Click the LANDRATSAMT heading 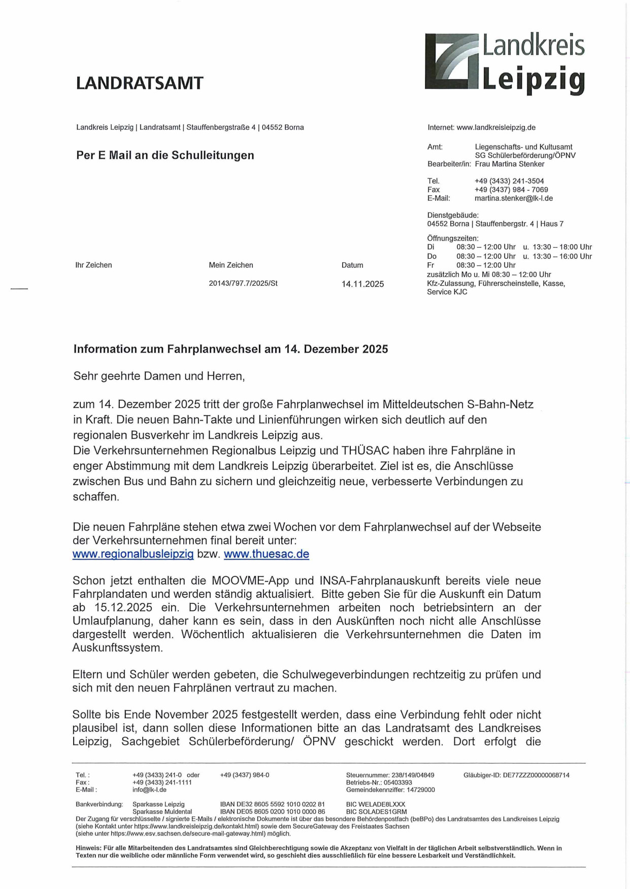[140, 83]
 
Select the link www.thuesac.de [267, 554]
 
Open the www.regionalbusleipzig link [133, 554]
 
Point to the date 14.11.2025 [362, 284]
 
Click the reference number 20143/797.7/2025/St [243, 284]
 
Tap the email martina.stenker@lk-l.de [513, 198]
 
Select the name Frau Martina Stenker [509, 164]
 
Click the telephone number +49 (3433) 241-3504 [509, 181]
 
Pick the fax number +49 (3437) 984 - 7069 [511, 190]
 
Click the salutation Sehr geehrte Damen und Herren [159, 377]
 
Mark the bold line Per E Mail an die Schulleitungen [165, 155]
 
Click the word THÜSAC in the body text [364, 451]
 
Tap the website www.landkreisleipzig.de [496, 127]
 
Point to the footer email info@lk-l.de [149, 790]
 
